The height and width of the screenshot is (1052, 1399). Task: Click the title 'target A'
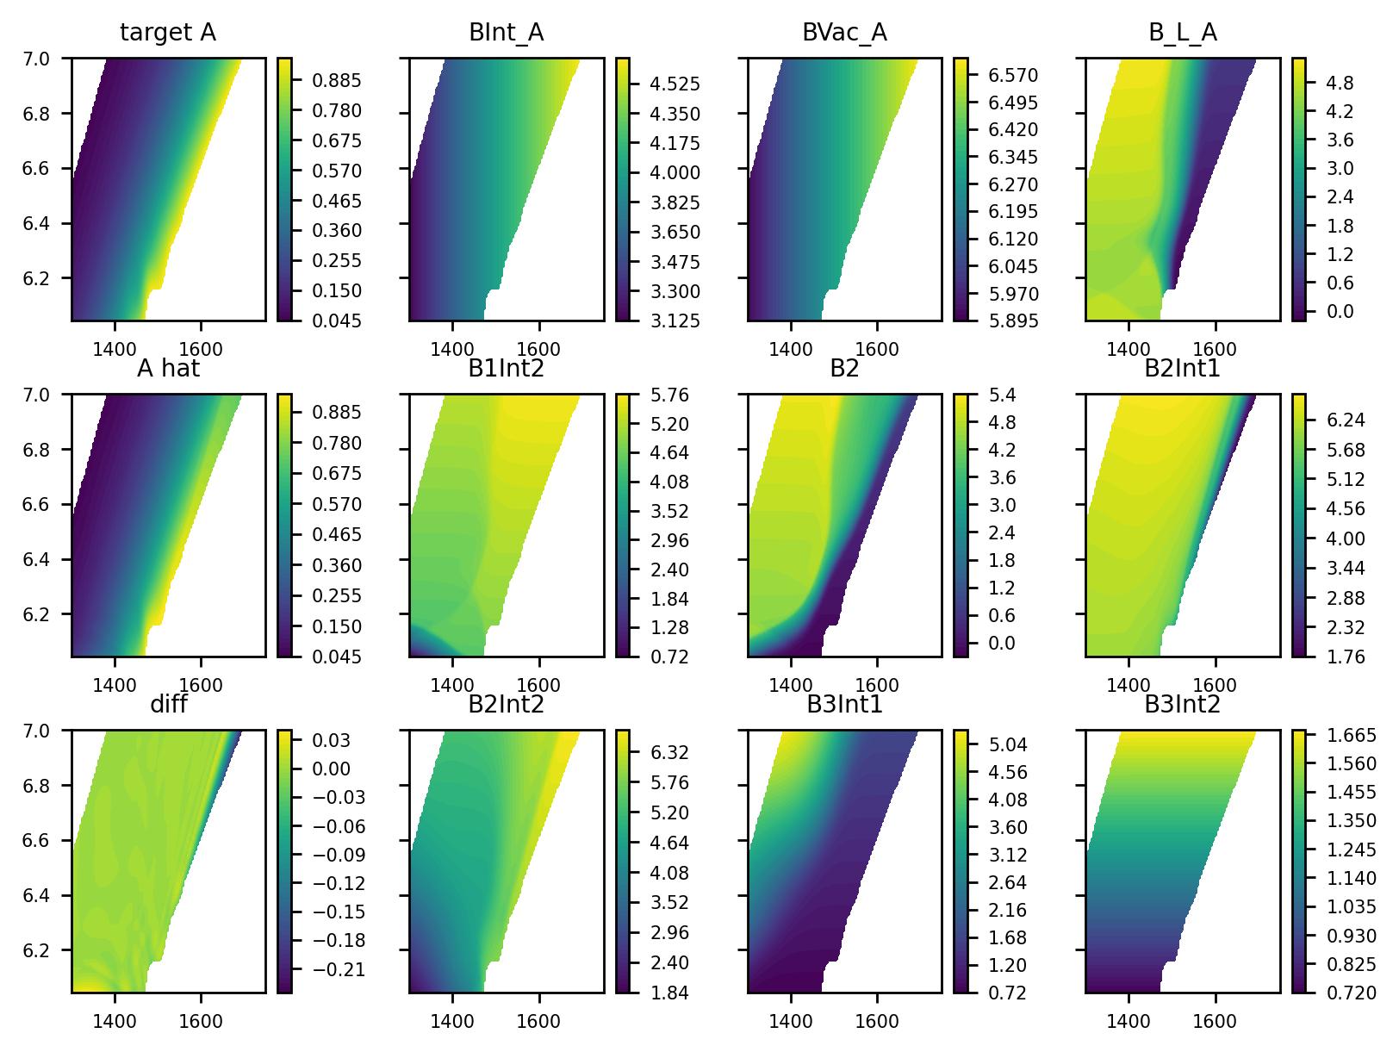[x=167, y=33]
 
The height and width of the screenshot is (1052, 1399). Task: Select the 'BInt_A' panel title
[x=506, y=33]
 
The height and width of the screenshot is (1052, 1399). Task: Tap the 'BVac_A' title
[x=844, y=33]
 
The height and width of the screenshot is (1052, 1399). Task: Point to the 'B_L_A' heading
[x=1182, y=33]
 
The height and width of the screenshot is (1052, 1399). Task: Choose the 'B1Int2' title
[x=506, y=369]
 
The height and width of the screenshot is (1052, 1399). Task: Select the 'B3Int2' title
[x=1182, y=705]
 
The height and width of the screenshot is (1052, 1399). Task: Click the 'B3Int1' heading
[x=844, y=705]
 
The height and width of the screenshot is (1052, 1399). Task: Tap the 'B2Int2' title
[x=506, y=705]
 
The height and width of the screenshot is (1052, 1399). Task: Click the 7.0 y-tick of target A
[x=53, y=59]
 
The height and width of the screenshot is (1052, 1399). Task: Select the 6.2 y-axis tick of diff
[x=53, y=950]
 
